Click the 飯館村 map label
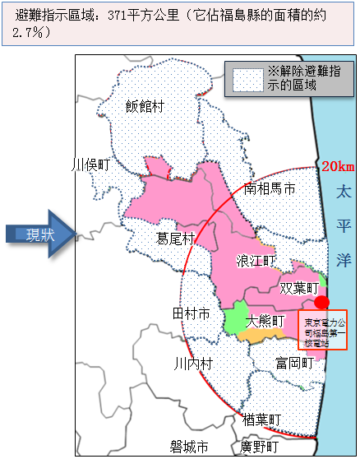pyautogui.click(x=145, y=105)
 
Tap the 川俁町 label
pyautogui.click(x=91, y=165)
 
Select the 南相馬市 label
pyautogui.click(x=269, y=189)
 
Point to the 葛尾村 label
pyautogui.click(x=175, y=239)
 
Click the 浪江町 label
pyautogui.click(x=257, y=261)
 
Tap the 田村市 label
pyautogui.click(x=191, y=314)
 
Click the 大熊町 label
pyautogui.click(x=265, y=320)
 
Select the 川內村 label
pyautogui.click(x=193, y=364)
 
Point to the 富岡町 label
pyautogui.click(x=294, y=363)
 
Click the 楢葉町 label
pyautogui.click(x=262, y=420)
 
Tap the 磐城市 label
pyautogui.click(x=188, y=447)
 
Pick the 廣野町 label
pyautogui.click(x=260, y=447)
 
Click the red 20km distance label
pyautogui.click(x=338, y=167)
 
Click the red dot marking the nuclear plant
pyautogui.click(x=322, y=302)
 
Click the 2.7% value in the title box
pyautogui.click(x=34, y=32)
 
